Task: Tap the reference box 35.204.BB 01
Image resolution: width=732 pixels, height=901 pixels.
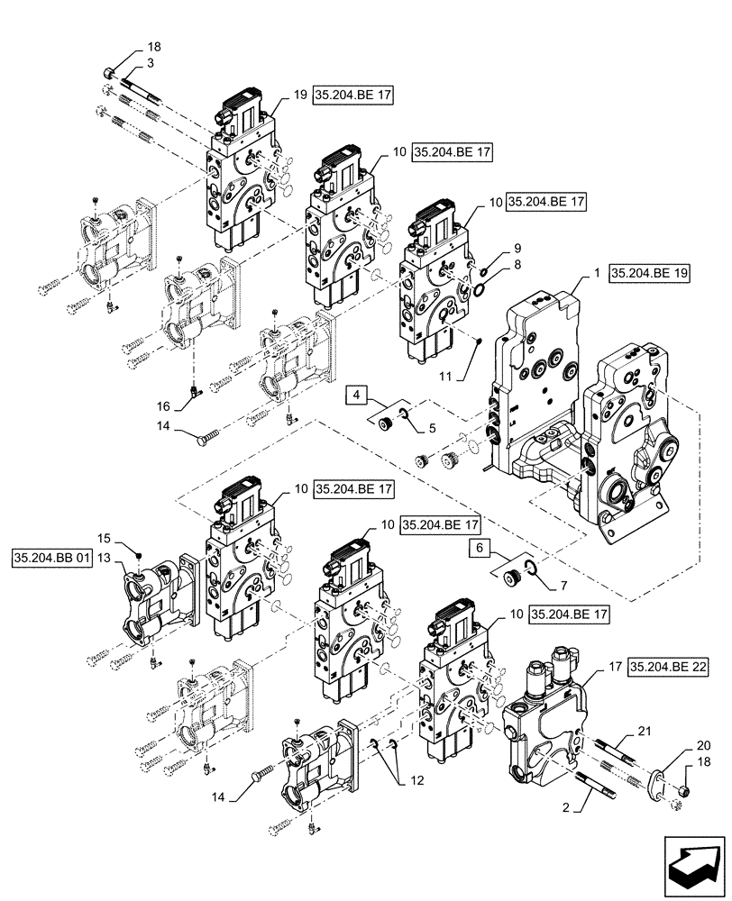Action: (x=52, y=560)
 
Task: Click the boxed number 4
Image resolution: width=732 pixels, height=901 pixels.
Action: (x=357, y=394)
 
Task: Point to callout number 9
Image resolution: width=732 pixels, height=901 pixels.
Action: (x=517, y=248)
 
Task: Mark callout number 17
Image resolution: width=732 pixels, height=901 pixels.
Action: (x=612, y=669)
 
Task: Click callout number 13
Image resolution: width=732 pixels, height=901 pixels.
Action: (x=105, y=560)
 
